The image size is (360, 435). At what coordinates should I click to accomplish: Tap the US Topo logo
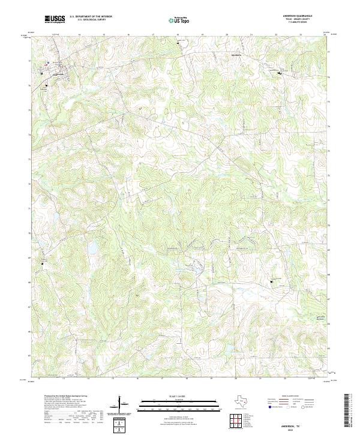coord(181,20)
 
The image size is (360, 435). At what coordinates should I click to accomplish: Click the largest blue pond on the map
coord(93,247)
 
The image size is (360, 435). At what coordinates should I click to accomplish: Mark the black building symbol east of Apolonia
coord(280,73)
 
